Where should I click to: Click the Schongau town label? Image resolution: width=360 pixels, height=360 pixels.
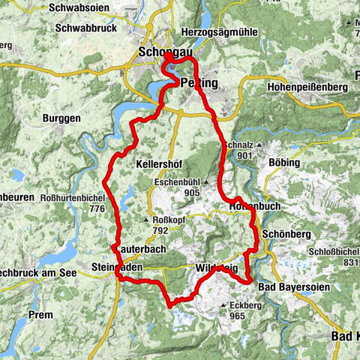pyautogui.click(x=163, y=52)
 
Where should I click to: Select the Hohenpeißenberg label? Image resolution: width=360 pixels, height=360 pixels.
pyautogui.click(x=307, y=88)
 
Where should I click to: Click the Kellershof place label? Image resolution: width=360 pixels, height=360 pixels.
pyautogui.click(x=160, y=163)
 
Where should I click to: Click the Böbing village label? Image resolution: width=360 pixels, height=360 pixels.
pyautogui.click(x=283, y=163)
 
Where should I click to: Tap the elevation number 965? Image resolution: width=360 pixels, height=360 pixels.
pyautogui.click(x=238, y=316)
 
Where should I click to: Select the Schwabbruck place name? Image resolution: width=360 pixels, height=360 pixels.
pyautogui.click(x=85, y=29)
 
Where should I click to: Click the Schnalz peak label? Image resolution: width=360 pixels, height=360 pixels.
pyautogui.click(x=238, y=144)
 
